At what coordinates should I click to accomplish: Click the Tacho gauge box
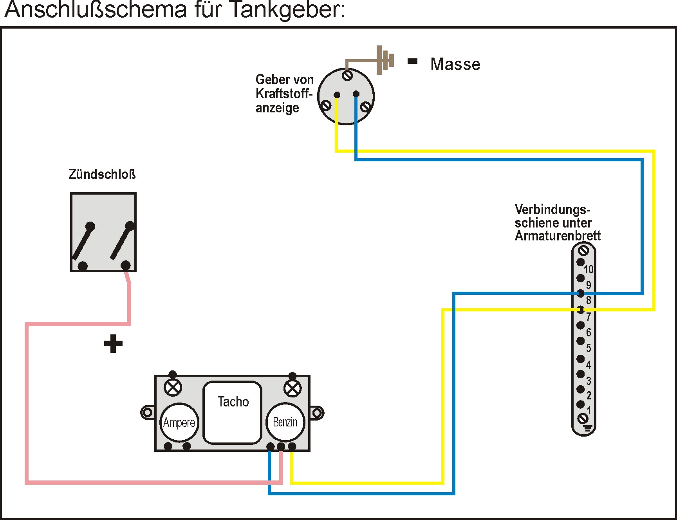232,412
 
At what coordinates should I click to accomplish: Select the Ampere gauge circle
179,422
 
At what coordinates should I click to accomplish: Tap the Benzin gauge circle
285,422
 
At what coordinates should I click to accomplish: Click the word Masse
455,64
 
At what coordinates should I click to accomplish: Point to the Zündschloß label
102,174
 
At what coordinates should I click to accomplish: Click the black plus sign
113,344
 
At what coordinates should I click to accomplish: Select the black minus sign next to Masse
413,61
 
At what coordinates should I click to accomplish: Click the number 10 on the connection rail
589,269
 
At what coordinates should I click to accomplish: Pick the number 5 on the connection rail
589,348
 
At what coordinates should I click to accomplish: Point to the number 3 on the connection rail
589,381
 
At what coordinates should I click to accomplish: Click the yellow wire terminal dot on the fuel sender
337,95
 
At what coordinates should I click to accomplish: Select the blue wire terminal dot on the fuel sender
356,94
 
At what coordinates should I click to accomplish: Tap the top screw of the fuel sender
347,75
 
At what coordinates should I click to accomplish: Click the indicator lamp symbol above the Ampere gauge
173,388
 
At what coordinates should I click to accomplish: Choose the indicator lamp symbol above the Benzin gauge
292,389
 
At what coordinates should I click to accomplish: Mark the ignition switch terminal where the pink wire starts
125,265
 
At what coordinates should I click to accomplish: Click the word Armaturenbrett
558,236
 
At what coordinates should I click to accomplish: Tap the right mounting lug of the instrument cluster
317,413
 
